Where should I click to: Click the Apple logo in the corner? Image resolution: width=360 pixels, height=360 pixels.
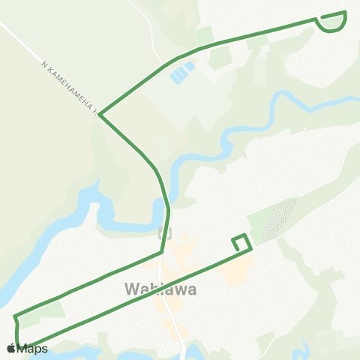[10, 348]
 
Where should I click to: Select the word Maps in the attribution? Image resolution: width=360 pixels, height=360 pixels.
[33, 348]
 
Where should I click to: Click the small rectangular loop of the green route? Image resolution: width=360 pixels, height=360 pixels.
[241, 242]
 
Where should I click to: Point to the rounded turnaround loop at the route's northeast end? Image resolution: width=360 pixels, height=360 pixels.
[332, 22]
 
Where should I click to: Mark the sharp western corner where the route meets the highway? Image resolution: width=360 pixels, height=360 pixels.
[100, 115]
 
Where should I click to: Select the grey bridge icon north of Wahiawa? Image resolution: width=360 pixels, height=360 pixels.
[166, 233]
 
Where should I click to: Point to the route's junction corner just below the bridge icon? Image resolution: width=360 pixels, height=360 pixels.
[163, 252]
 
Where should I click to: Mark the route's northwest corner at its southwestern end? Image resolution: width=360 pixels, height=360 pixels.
[14, 316]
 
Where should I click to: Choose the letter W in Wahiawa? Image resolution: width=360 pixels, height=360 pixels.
[130, 289]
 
